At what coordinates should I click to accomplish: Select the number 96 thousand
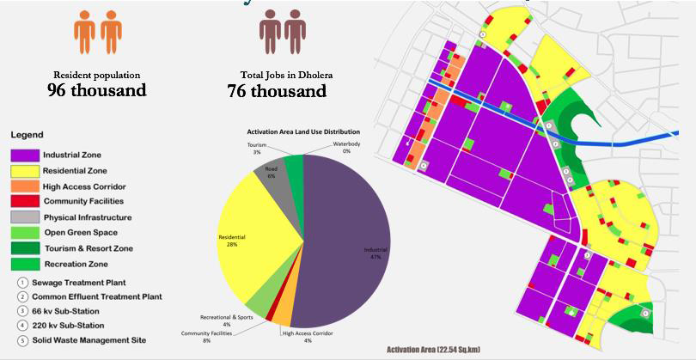[x=98, y=89]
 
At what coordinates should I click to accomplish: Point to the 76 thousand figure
[x=277, y=90]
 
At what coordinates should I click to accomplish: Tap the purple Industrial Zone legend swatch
[x=25, y=155]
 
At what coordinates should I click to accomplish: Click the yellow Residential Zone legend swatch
[x=25, y=171]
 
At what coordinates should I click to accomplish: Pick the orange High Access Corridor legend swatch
[x=25, y=186]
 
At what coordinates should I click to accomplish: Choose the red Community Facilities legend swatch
[x=25, y=202]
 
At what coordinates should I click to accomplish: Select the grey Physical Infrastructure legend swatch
[x=25, y=217]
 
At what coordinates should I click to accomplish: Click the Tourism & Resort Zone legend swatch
[x=25, y=248]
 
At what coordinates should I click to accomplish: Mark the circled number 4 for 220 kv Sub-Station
[x=22, y=326]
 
